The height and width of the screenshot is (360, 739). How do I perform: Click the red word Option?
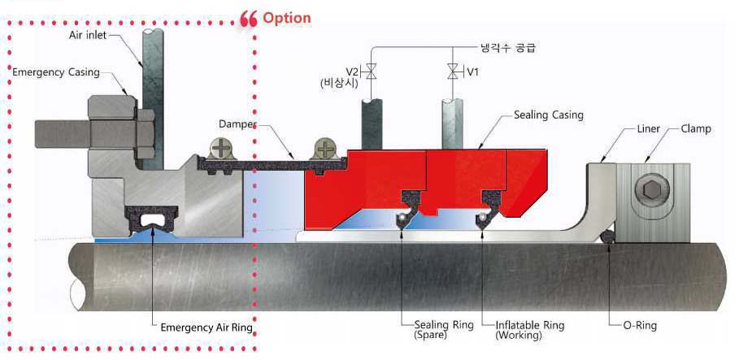[x=286, y=17]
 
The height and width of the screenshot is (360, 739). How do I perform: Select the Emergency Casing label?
[x=56, y=72]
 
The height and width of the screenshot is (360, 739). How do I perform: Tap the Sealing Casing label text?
[x=548, y=115]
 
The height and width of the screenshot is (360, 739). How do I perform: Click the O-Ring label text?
[x=639, y=326]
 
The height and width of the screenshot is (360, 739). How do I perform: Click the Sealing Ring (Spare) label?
[x=443, y=330]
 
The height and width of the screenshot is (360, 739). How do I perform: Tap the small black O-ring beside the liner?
[x=606, y=236]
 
